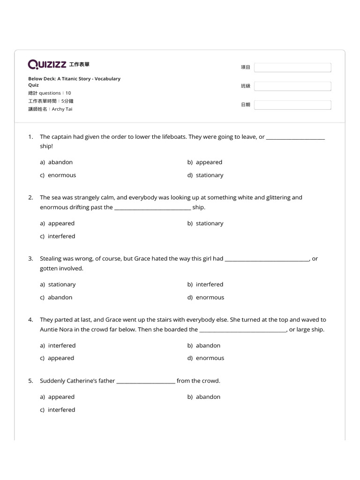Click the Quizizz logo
point(47,64)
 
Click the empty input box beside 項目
point(292,67)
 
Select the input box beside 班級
point(292,86)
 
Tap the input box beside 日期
point(292,105)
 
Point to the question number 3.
point(30,258)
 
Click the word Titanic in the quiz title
point(68,79)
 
